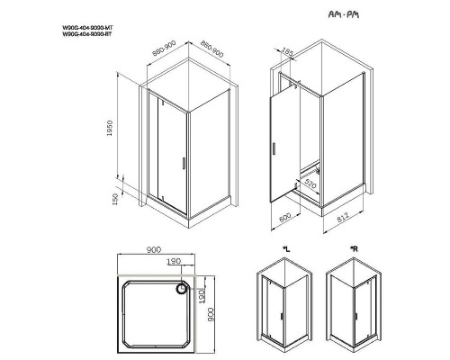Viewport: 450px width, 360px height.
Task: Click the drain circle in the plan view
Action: click(184, 289)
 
